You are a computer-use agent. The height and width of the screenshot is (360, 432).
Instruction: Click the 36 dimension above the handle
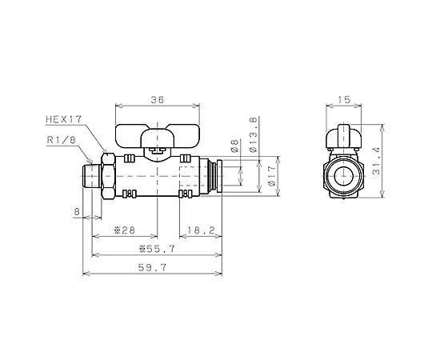[x=158, y=100]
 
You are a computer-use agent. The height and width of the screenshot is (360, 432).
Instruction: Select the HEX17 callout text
[x=64, y=119]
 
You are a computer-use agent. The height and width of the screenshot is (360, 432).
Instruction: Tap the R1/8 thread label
[x=61, y=140]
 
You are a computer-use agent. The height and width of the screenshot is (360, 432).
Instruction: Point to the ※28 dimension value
[x=125, y=230]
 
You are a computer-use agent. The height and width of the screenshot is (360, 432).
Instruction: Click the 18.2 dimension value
[x=201, y=230]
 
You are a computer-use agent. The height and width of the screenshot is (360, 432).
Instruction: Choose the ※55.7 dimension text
[x=157, y=249]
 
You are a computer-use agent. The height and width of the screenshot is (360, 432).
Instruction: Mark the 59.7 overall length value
[x=152, y=267]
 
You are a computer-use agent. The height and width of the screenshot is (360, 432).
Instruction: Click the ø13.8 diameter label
[x=253, y=135]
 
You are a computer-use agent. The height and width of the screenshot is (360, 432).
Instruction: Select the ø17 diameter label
[x=271, y=176]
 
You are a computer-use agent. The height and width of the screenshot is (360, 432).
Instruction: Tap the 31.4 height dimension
[x=375, y=161]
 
